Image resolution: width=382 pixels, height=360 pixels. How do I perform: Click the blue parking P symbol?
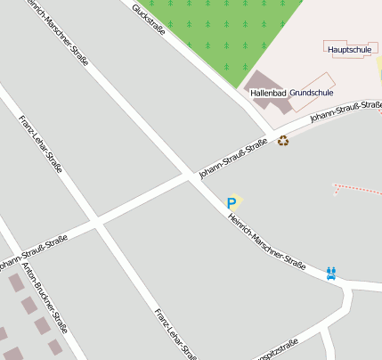232,203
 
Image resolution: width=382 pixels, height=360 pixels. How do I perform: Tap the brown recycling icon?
283,140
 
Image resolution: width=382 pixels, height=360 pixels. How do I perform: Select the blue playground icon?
331,273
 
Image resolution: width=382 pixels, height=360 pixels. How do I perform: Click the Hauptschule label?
349,50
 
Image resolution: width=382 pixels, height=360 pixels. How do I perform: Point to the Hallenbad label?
268,93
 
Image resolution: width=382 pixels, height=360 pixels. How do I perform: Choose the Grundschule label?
312,93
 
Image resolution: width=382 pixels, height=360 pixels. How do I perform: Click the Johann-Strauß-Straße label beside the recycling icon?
233,158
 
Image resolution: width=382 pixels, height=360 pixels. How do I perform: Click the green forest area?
227,31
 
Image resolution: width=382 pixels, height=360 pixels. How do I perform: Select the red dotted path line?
356,188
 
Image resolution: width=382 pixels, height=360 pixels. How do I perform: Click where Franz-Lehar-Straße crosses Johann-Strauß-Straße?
95,219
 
